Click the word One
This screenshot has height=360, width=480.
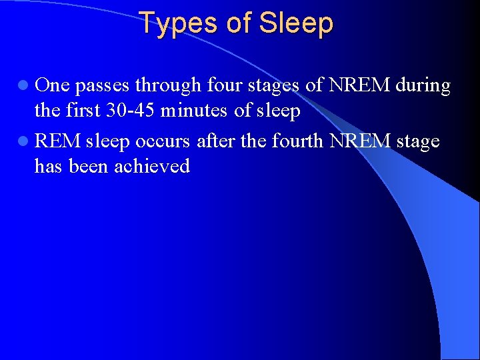52,85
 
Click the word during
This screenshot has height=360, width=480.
423,85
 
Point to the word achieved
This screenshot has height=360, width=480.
152,166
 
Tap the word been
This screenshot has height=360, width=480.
89,166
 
